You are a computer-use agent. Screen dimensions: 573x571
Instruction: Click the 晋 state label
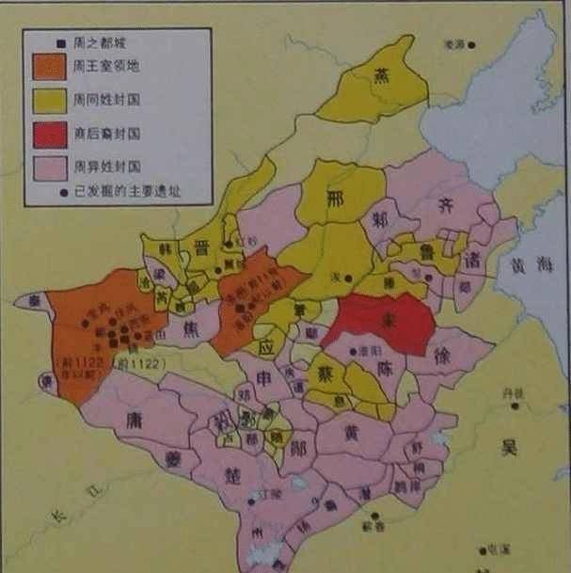point(200,247)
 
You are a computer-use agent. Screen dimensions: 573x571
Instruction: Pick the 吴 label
point(510,448)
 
